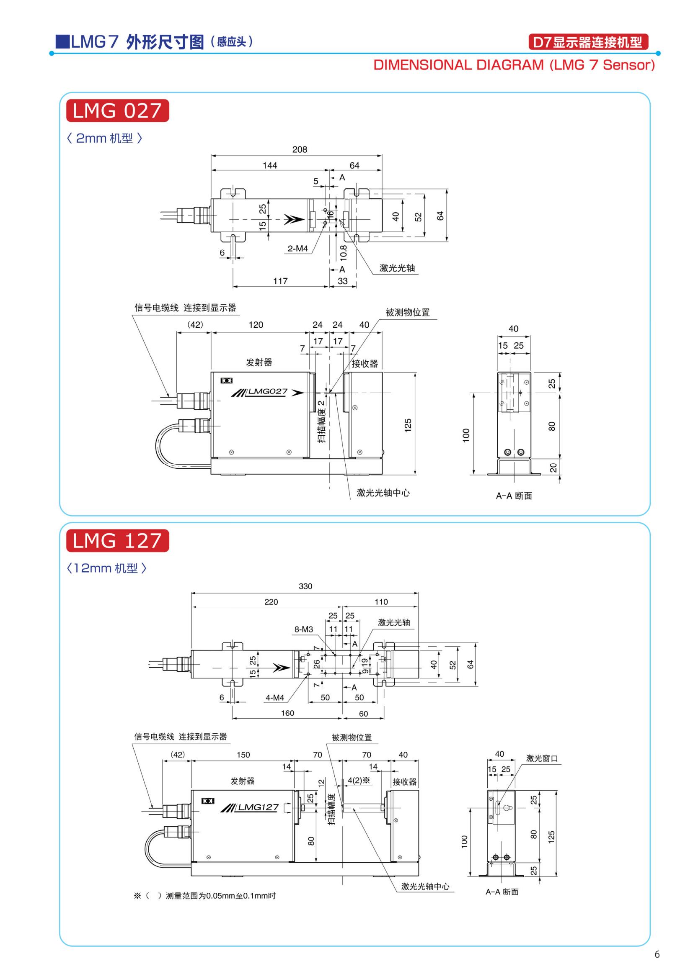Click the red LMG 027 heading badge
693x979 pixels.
click(x=117, y=111)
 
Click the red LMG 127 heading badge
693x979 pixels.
click(x=117, y=541)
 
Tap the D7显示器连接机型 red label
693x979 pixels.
click(x=588, y=43)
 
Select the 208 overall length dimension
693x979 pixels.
click(x=300, y=150)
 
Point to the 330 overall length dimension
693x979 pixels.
click(x=305, y=586)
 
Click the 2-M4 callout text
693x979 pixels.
click(x=297, y=249)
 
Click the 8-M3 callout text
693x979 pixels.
click(x=303, y=630)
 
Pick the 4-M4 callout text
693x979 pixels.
click(x=275, y=698)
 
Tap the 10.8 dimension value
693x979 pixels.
click(x=344, y=252)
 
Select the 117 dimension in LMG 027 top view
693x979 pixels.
click(x=280, y=281)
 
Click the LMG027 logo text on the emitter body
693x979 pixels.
click(x=268, y=391)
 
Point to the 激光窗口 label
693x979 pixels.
click(x=542, y=758)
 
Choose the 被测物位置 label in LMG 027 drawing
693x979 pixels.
click(x=408, y=313)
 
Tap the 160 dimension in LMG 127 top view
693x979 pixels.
click(x=287, y=713)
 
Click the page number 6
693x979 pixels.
click(x=657, y=954)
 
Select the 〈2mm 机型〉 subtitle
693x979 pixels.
click(x=105, y=138)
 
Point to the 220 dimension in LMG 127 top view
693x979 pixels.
click(x=271, y=602)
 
